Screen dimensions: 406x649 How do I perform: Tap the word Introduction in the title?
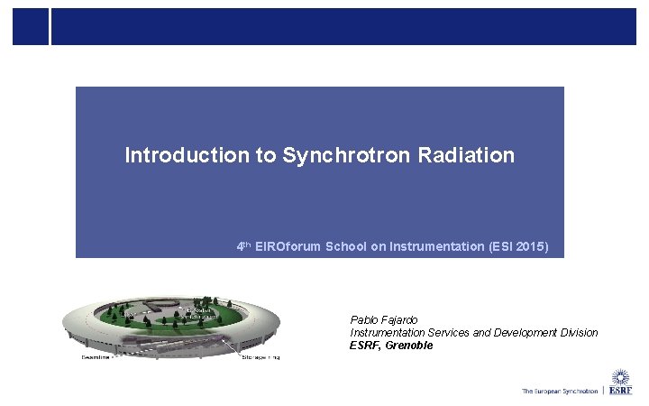(187, 155)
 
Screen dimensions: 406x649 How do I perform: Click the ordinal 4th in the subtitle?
(242, 245)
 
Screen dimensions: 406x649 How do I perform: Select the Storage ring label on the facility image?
(261, 357)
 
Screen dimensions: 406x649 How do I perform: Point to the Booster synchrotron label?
(196, 313)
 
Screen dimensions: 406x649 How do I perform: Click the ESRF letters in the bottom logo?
(620, 392)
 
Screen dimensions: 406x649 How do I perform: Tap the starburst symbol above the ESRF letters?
(620, 377)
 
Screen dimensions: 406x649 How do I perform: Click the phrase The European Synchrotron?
(559, 392)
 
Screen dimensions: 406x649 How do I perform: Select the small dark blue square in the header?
(30, 27)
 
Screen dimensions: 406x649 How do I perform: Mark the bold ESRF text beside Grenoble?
(365, 346)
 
